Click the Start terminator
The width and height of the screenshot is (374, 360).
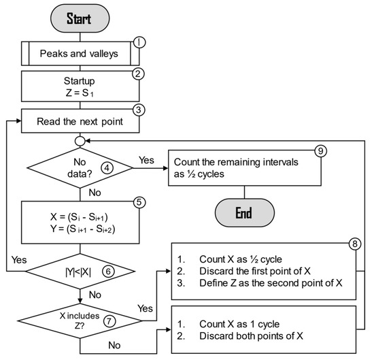[79, 18]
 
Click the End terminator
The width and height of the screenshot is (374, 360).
[243, 212]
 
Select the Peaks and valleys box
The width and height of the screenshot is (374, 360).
[79, 53]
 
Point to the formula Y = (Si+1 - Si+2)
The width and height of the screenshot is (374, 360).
[79, 229]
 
